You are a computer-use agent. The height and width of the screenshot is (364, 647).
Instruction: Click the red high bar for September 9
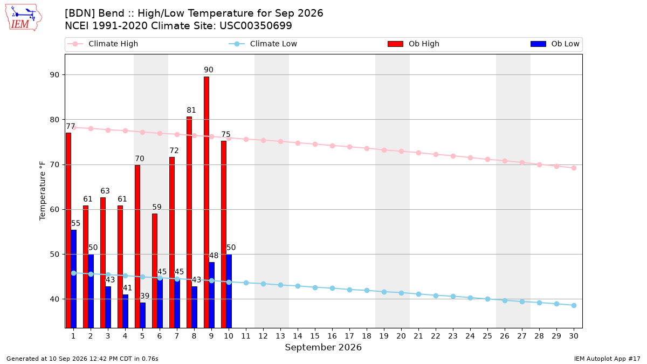pos(207,202)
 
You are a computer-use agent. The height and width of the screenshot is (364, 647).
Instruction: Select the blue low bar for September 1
pos(74,279)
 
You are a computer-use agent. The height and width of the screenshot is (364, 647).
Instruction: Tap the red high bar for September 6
pos(155,271)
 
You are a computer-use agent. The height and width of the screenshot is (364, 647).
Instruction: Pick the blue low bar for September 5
pos(143,315)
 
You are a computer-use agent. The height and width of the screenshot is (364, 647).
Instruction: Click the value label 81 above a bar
pos(191,110)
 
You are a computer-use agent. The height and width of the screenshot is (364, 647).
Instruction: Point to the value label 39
pos(144,296)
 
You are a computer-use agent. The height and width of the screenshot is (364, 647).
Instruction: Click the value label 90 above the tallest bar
pos(209,70)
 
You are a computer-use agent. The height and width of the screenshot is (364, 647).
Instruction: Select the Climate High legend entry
pos(103,44)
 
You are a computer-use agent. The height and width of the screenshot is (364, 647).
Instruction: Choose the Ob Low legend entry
pos(555,44)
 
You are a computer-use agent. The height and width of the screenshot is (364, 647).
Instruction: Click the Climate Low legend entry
pos(263,44)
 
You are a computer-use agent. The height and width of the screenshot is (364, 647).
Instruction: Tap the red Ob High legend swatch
pos(395,44)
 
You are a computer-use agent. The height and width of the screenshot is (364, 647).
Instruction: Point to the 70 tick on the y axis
pos(54,164)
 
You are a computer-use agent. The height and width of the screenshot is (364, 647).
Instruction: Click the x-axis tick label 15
pos(315,336)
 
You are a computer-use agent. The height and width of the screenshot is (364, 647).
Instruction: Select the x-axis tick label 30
pos(574,336)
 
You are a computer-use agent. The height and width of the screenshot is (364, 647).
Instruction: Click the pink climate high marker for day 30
pos(574,168)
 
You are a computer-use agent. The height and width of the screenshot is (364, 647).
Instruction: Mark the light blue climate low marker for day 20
pos(401,293)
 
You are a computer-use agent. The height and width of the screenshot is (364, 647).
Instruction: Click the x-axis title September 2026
pos(323,347)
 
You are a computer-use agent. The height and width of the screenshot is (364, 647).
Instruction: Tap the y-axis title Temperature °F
pos(43,191)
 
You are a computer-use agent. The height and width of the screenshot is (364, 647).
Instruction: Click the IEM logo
pos(23,17)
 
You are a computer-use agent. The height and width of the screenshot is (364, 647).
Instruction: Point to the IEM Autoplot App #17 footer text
pos(607,359)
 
